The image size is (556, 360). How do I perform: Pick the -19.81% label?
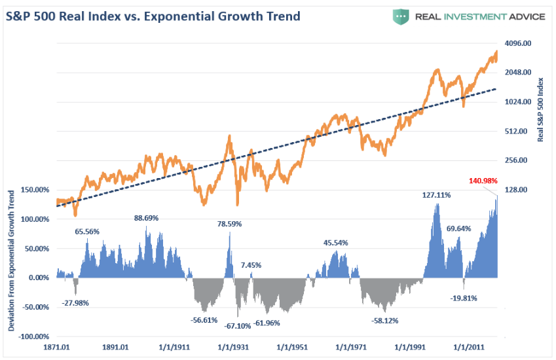click(464, 298)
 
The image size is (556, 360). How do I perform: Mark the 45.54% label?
click(336, 243)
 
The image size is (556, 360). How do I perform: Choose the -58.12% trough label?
click(385, 321)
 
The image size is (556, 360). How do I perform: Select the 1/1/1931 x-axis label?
click(234, 348)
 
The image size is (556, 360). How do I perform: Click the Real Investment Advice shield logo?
click(401, 16)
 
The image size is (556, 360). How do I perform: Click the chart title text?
click(153, 16)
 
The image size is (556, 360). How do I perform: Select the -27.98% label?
click(75, 303)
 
